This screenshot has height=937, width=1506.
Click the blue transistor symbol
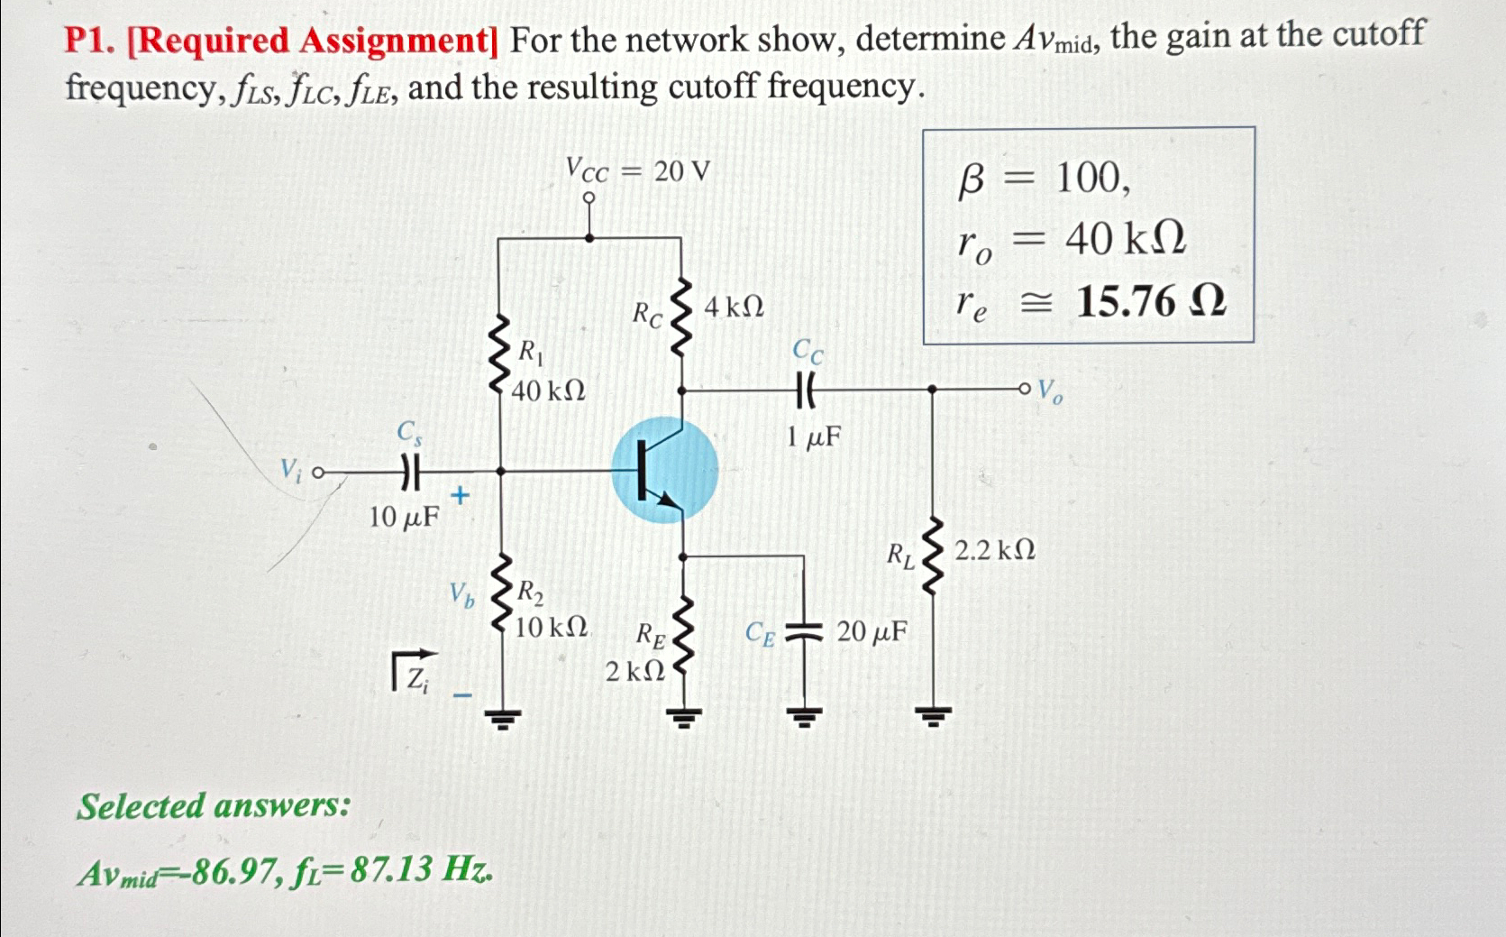point(664,470)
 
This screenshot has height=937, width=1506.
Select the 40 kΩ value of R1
point(548,391)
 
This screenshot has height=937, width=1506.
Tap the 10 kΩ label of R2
point(551,627)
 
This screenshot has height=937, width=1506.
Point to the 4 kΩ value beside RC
point(734,308)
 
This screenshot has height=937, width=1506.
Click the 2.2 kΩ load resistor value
point(994,550)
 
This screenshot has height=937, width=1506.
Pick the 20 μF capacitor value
point(872,631)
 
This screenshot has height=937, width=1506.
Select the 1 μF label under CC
point(813,437)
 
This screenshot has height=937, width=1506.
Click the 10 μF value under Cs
point(404,517)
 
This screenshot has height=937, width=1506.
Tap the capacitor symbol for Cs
point(410,471)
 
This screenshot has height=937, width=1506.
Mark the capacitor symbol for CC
point(806,390)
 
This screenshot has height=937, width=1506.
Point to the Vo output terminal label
point(1049,391)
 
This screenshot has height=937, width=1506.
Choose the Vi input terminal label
point(290,470)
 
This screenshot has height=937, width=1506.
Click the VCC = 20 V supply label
point(637,170)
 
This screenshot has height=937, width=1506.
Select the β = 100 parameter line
point(1043,179)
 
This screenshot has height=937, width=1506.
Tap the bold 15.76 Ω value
point(1151,301)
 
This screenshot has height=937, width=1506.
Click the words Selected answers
point(214,805)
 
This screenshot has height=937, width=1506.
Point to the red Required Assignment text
point(314,41)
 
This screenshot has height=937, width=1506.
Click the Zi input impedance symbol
point(414,673)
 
